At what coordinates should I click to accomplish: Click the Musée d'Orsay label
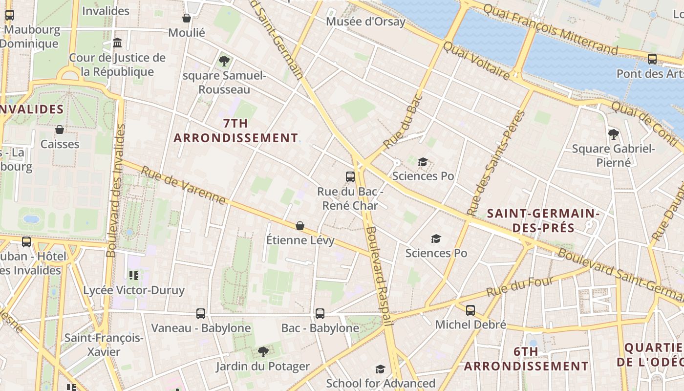[365, 22]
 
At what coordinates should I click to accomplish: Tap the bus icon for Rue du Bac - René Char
[350, 177]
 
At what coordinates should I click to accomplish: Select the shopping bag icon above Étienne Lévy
[300, 226]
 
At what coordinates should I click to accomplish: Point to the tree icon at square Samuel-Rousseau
[224, 61]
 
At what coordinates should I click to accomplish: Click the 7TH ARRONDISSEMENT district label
[235, 130]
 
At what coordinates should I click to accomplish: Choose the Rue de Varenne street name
[183, 185]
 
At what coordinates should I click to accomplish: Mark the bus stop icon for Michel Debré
[470, 310]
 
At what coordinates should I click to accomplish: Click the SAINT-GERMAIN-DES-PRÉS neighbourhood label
[543, 221]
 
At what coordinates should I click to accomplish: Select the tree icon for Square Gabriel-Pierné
[614, 134]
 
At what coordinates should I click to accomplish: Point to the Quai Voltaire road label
[476, 60]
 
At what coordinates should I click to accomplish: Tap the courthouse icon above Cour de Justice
[117, 43]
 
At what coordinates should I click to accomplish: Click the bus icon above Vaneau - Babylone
[201, 313]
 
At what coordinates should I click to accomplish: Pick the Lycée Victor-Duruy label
[134, 290]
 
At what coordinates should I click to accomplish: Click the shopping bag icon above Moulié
[186, 19]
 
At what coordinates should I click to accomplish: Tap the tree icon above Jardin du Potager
[263, 351]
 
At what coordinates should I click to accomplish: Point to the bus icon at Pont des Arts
[652, 59]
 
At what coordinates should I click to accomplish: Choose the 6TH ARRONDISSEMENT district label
[526, 359]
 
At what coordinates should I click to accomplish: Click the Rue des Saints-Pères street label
[495, 163]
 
